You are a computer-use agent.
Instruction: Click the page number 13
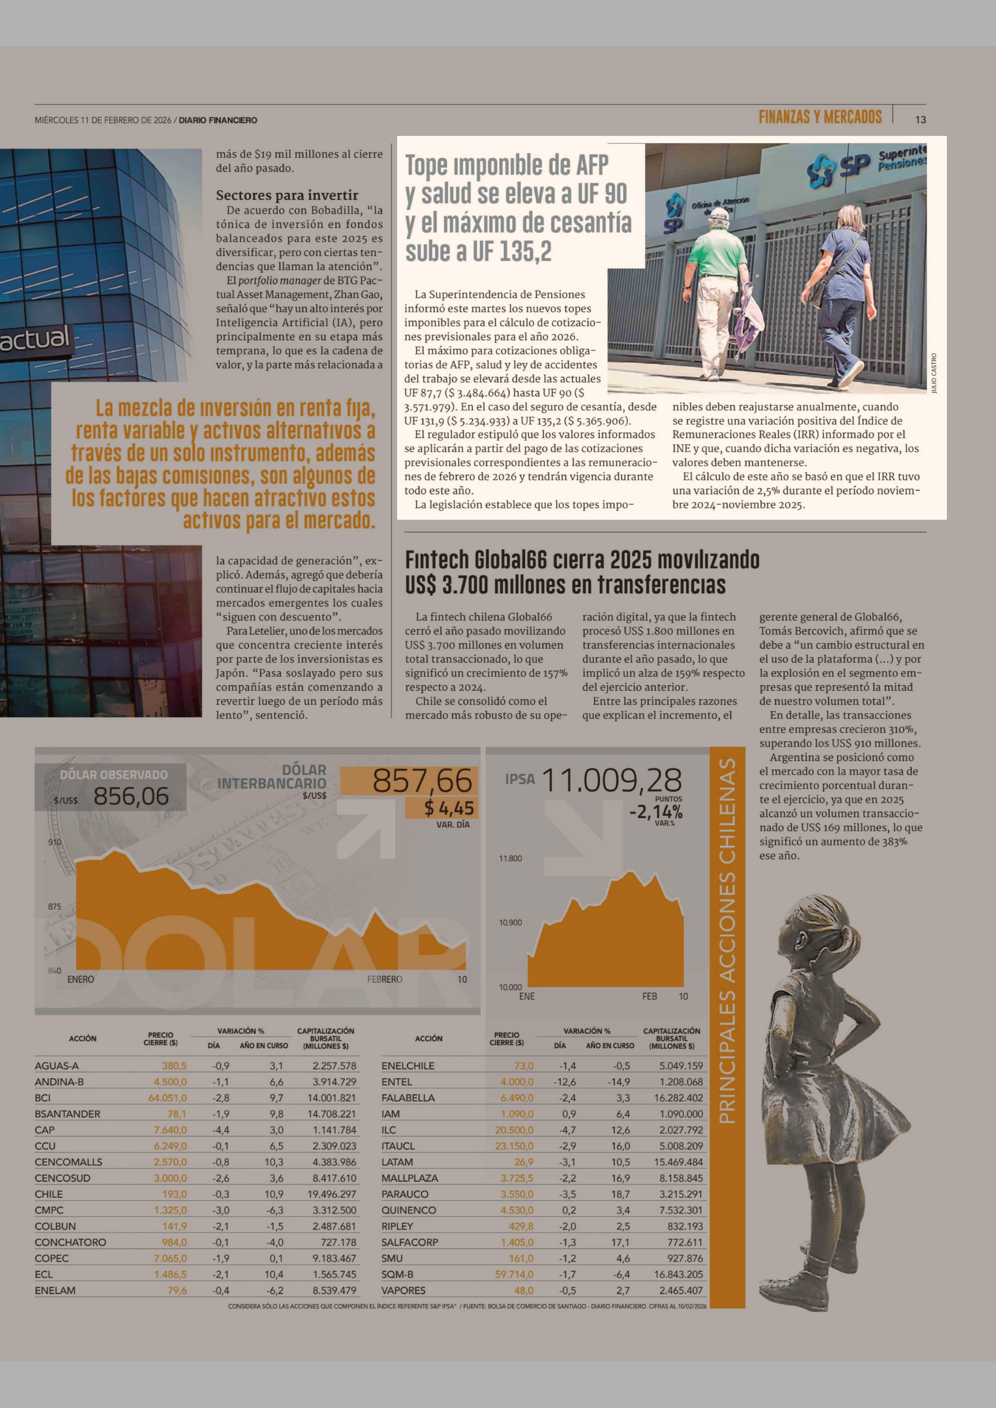tap(920, 120)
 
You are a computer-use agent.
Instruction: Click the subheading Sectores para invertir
tap(286, 195)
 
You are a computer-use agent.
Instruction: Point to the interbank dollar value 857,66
tap(423, 781)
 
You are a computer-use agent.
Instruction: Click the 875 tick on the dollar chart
tap(55, 906)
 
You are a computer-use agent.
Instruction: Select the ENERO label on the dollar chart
tap(81, 979)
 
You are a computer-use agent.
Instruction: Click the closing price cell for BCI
tap(167, 1098)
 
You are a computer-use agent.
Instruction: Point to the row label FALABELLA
tap(408, 1098)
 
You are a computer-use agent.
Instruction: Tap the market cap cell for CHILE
tap(331, 1194)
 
